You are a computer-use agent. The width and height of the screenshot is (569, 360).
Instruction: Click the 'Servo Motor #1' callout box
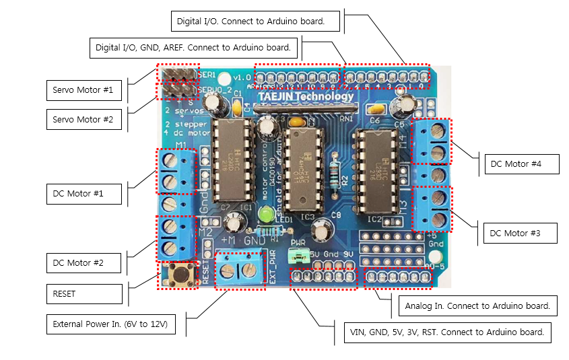(83, 89)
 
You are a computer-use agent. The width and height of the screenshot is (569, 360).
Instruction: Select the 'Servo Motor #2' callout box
(83, 120)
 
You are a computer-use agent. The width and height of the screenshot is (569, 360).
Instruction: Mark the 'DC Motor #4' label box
(521, 164)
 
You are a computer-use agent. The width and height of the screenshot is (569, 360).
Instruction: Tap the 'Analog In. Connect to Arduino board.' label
(478, 305)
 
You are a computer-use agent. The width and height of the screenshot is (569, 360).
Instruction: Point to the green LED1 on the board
(266, 215)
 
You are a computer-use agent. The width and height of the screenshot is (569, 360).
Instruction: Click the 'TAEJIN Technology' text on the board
(305, 97)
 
